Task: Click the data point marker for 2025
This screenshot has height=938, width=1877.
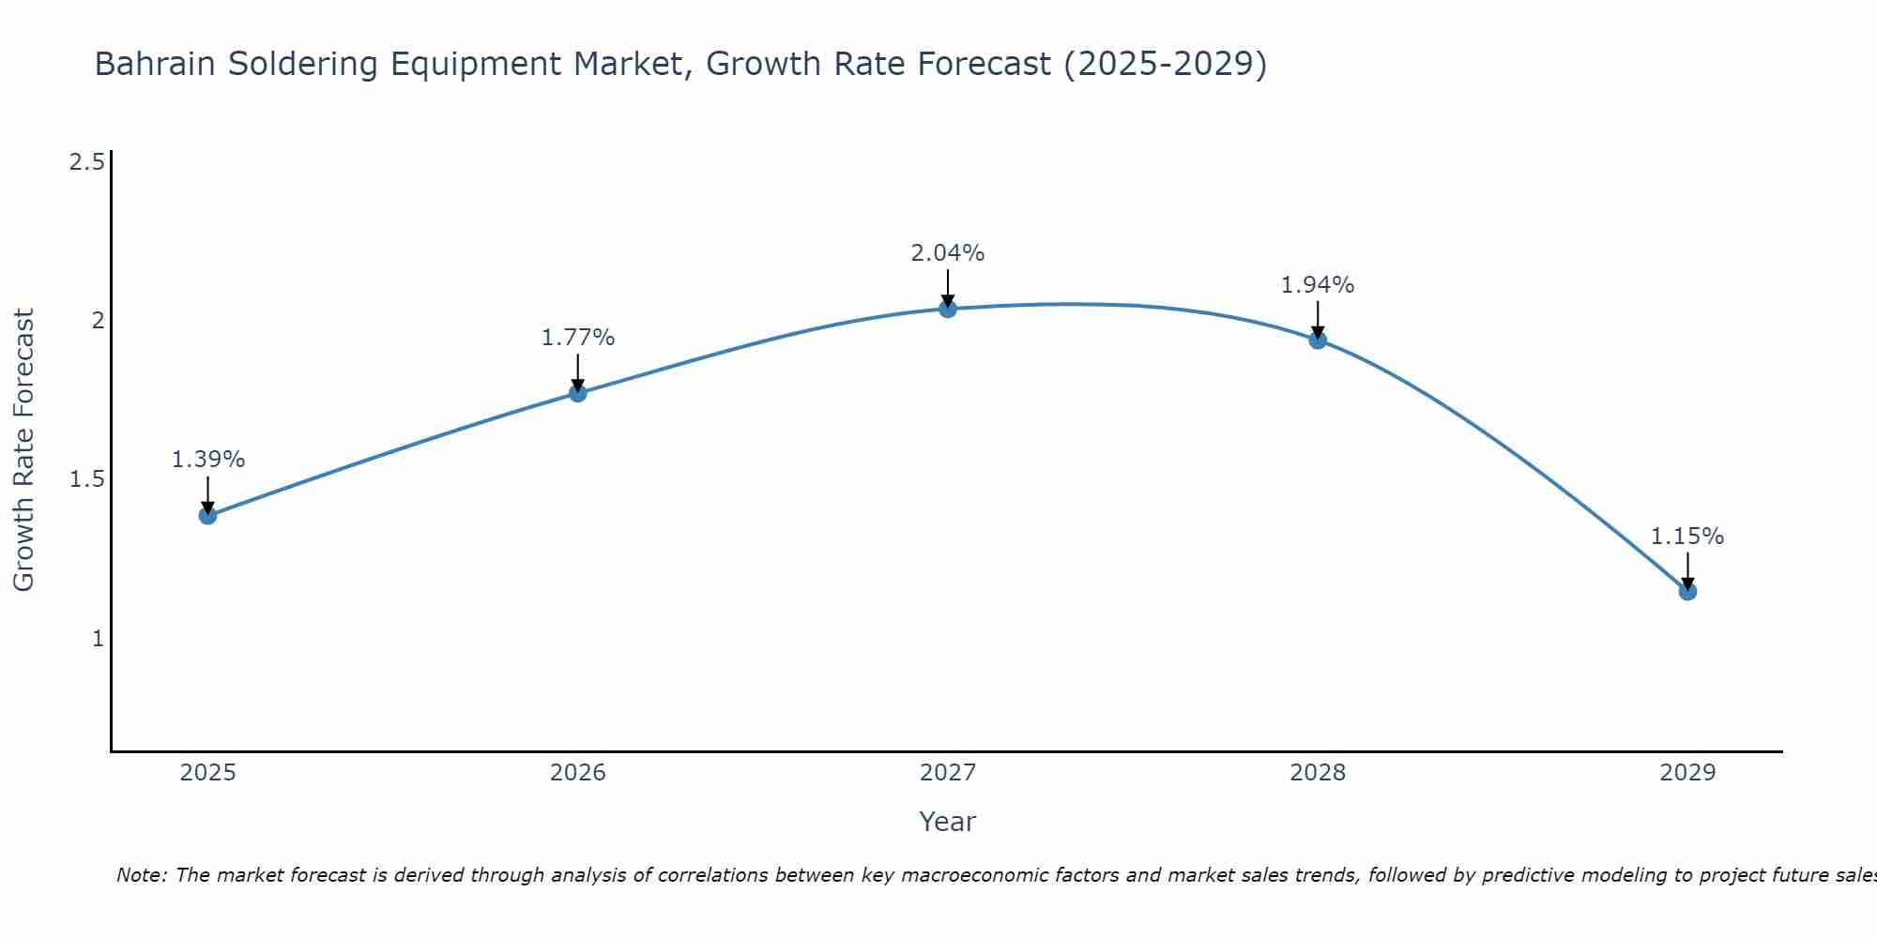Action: click(208, 515)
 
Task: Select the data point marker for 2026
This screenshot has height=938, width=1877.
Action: click(578, 393)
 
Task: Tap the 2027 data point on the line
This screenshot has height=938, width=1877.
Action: click(948, 309)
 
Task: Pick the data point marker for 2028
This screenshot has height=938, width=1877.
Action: click(1318, 340)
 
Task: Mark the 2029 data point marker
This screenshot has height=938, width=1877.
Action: click(1687, 591)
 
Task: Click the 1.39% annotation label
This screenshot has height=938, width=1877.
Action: click(208, 460)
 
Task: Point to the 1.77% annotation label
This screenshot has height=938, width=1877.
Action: click(578, 338)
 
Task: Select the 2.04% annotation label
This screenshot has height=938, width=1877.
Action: click(948, 253)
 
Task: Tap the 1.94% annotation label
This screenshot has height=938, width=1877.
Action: click(1318, 285)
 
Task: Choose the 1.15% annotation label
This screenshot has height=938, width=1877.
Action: click(1687, 537)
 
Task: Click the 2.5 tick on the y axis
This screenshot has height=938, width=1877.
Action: click(86, 162)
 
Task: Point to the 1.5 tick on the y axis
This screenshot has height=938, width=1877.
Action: click(86, 479)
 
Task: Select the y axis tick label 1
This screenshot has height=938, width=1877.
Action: click(97, 639)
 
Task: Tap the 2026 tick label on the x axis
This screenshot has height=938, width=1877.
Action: click(578, 773)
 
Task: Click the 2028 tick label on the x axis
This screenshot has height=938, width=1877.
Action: click(1318, 773)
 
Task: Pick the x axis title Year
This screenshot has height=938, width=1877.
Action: click(948, 822)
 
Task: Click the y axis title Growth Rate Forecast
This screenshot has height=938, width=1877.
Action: click(24, 450)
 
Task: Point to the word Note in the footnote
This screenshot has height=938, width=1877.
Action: click(141, 875)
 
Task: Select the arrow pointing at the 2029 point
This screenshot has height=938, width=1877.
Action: click(1687, 570)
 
